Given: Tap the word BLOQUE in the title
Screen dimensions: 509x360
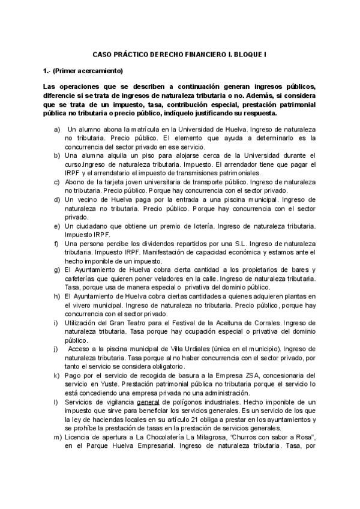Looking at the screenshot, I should point(247,54).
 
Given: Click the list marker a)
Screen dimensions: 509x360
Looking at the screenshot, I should point(57,130).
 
